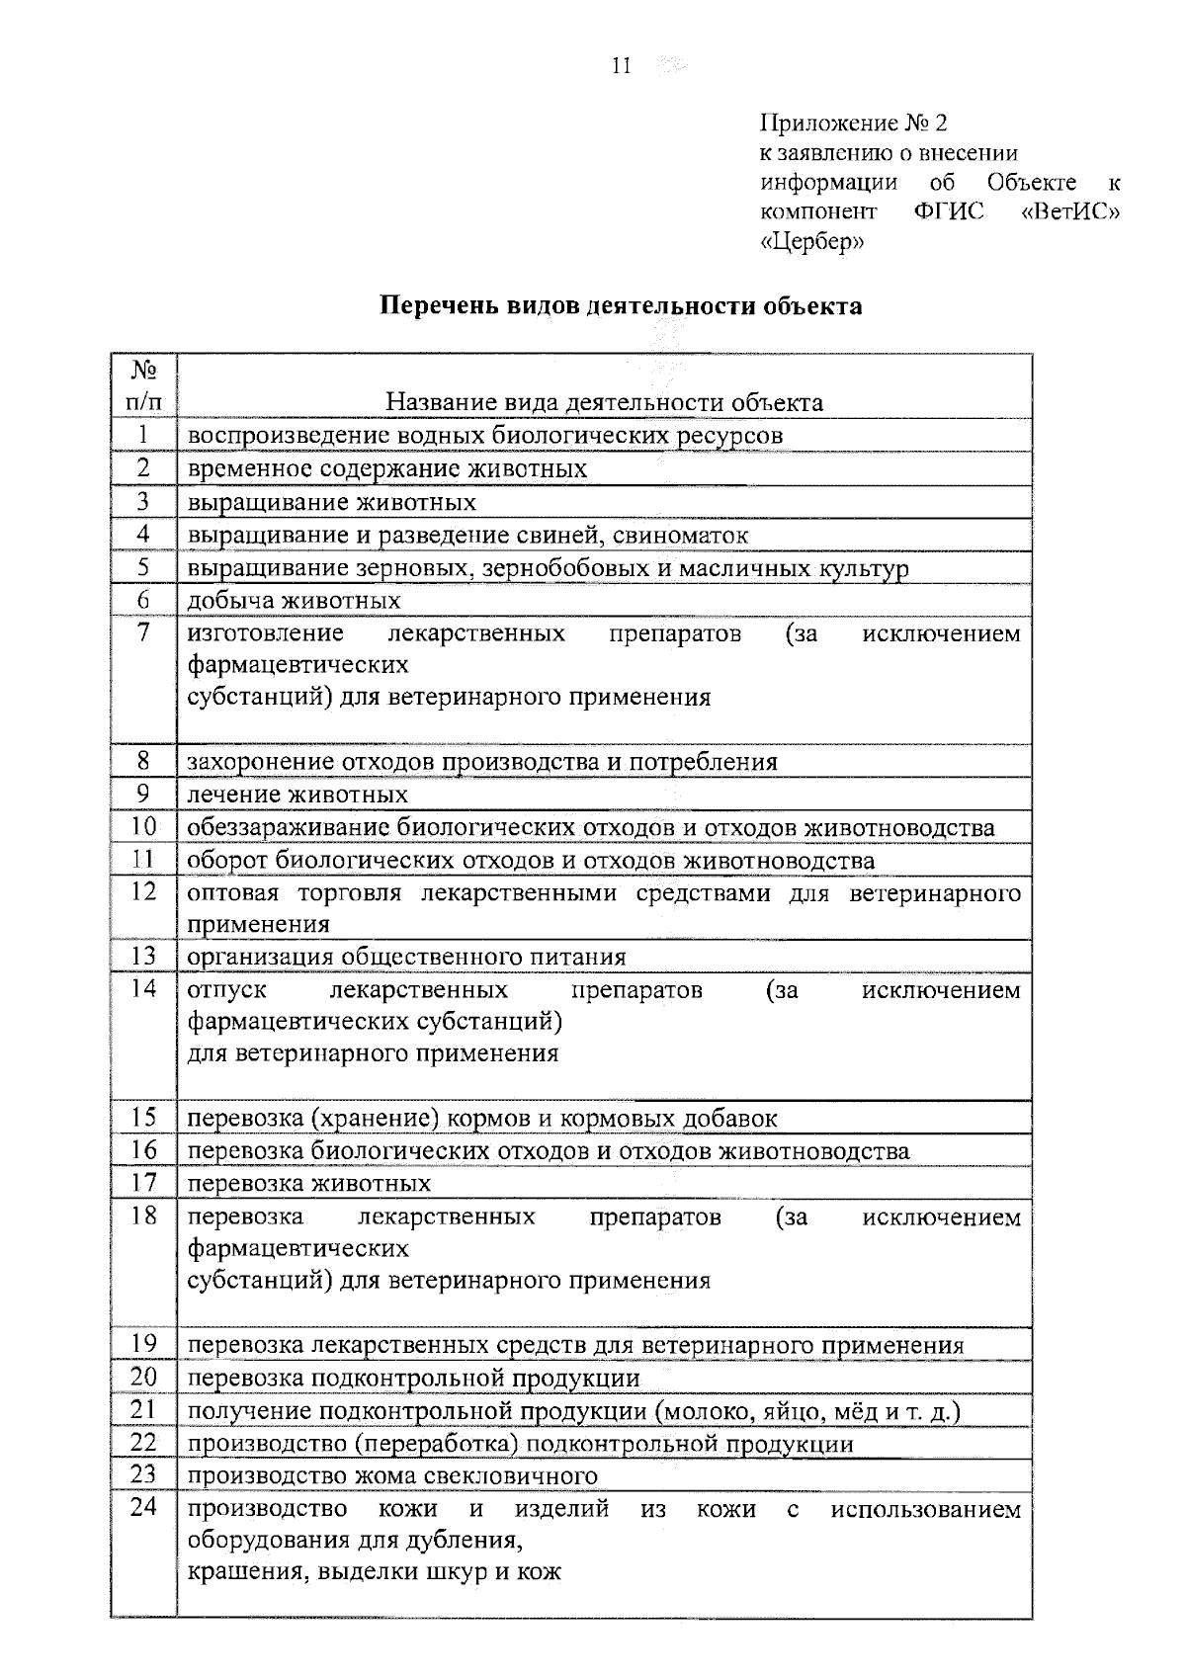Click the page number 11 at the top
pyautogui.click(x=622, y=67)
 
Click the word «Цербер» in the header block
pyautogui.click(x=811, y=242)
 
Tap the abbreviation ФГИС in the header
pyautogui.click(x=949, y=212)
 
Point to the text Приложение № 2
pyautogui.click(x=853, y=124)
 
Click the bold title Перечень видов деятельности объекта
pyautogui.click(x=622, y=305)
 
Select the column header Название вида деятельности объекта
pyautogui.click(x=604, y=402)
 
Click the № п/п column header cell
pyautogui.click(x=143, y=385)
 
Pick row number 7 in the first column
pyautogui.click(x=143, y=632)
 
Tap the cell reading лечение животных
pyautogui.click(x=297, y=795)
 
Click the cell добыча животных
pyautogui.click(x=295, y=600)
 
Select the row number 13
pyautogui.click(x=143, y=956)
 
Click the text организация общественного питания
pyautogui.click(x=406, y=957)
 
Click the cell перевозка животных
pyautogui.click(x=309, y=1183)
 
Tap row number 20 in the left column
pyautogui.click(x=143, y=1377)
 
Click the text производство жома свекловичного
pyautogui.click(x=392, y=1475)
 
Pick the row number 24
pyautogui.click(x=143, y=1508)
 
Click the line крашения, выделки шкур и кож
pyautogui.click(x=375, y=1571)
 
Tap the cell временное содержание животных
pyautogui.click(x=387, y=468)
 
